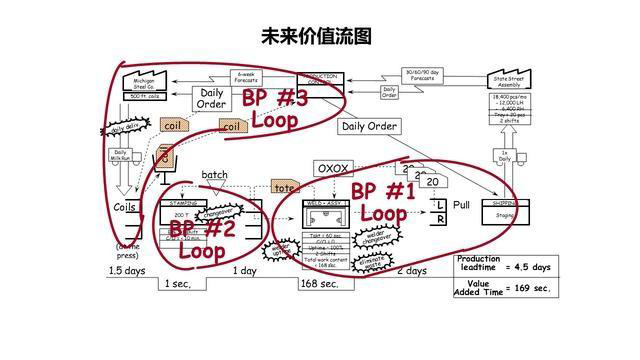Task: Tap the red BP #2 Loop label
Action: pos(202,239)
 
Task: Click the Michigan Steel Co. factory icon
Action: pos(139,82)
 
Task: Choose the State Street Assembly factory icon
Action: pos(512,79)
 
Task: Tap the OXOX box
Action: pos(332,169)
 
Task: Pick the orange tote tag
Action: pos(286,188)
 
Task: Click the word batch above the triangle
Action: pos(215,175)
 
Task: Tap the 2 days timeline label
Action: pos(412,271)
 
